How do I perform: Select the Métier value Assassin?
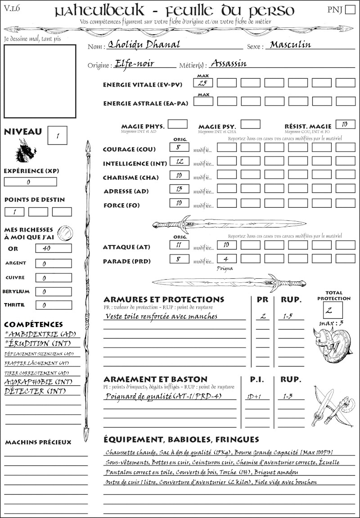229,63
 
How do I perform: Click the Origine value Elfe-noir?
135,64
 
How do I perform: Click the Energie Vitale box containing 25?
203,83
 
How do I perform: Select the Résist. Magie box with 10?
345,125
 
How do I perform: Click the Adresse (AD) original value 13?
179,189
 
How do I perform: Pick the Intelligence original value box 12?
179,161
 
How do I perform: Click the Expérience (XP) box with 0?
30,182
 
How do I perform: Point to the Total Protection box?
333,310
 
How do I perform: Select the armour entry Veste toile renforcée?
161,316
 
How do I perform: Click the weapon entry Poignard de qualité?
164,397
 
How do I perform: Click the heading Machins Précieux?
38,442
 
